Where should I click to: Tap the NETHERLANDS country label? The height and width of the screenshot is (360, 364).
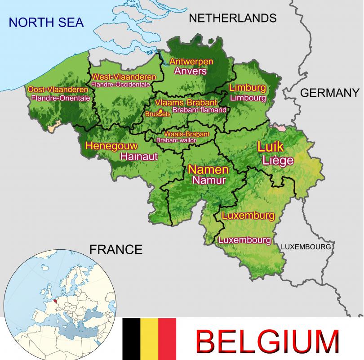(232, 18)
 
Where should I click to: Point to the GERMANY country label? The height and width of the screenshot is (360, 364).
(330, 93)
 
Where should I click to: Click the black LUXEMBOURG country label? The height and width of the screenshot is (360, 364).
(306, 247)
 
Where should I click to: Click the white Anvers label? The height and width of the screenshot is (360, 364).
(191, 71)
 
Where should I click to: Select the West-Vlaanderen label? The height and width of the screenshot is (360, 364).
(124, 76)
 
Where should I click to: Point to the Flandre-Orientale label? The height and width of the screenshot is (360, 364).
(61, 98)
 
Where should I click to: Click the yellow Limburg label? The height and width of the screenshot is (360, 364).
(248, 87)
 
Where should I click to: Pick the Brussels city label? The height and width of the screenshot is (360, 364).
(158, 114)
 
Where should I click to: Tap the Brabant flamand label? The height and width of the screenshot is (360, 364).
(199, 110)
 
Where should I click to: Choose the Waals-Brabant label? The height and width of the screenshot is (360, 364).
(186, 134)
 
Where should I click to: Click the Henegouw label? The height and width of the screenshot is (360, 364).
(111, 146)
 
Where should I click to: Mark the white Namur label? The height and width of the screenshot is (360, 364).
(208, 180)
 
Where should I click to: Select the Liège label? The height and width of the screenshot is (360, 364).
(278, 161)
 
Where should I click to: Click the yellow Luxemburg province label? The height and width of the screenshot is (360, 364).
(248, 216)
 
